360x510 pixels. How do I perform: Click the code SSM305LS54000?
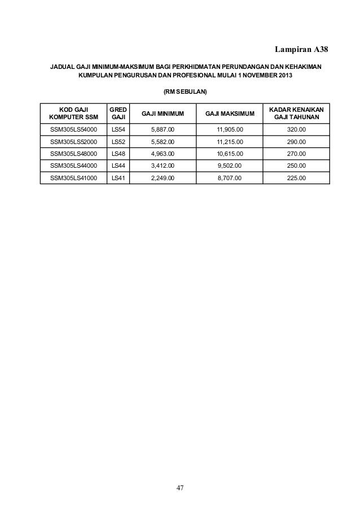[73, 130]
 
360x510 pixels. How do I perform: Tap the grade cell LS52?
[118, 142]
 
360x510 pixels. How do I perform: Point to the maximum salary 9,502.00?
[230, 165]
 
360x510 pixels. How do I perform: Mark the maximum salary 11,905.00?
[230, 130]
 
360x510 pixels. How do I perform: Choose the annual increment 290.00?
[296, 142]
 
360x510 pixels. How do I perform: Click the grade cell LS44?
[118, 165]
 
